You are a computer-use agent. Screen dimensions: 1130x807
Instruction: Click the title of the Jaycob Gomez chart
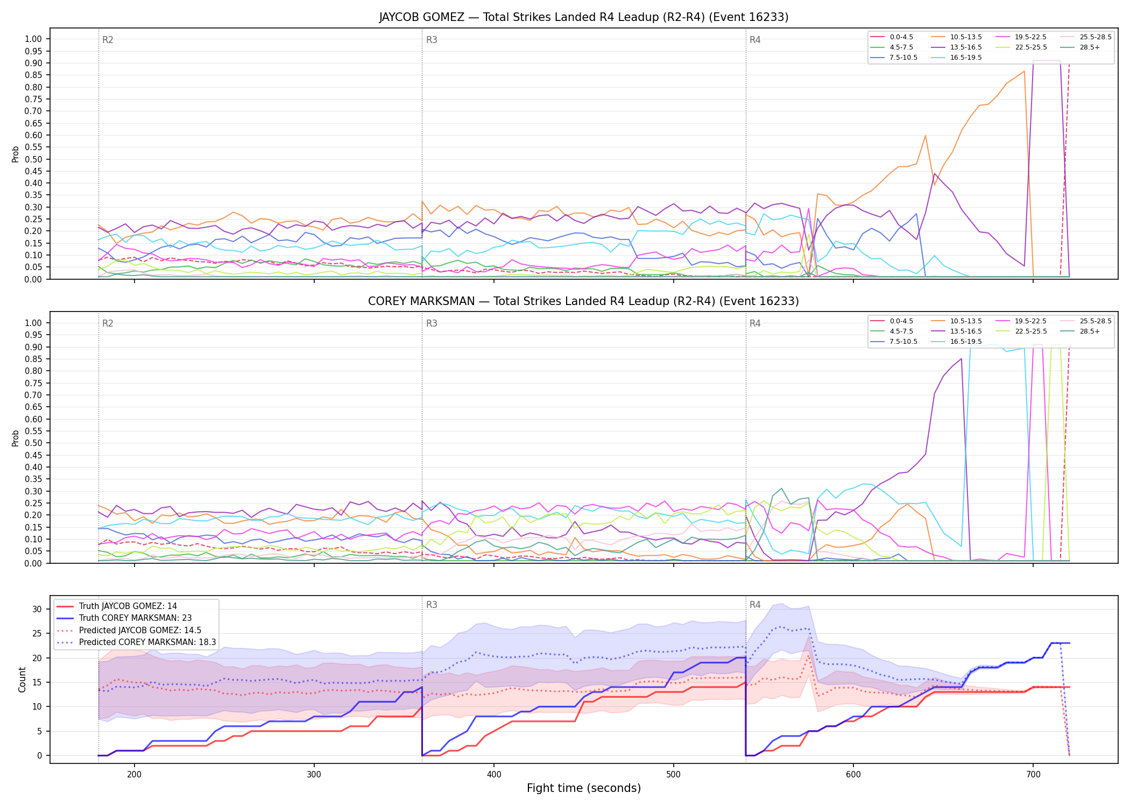584,17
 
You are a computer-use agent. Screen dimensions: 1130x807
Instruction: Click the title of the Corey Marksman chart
584,301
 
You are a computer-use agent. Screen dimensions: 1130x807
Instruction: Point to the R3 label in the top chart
432,40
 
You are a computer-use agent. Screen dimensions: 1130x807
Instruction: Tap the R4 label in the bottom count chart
755,605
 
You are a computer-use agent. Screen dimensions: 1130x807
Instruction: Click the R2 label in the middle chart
108,323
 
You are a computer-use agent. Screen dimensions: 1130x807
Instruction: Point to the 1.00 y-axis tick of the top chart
33,39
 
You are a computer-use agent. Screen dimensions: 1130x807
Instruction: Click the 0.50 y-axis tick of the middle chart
33,443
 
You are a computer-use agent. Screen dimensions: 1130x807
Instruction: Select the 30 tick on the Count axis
37,609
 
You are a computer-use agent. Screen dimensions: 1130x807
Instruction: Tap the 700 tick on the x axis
1033,774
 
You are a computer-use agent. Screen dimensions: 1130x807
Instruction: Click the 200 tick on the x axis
135,774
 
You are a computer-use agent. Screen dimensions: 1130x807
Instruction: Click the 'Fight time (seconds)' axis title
584,788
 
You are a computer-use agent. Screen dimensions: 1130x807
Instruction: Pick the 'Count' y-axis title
22,679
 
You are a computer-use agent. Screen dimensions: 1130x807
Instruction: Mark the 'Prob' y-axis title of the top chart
16,154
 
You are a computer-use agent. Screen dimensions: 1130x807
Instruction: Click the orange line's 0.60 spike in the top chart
925,136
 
